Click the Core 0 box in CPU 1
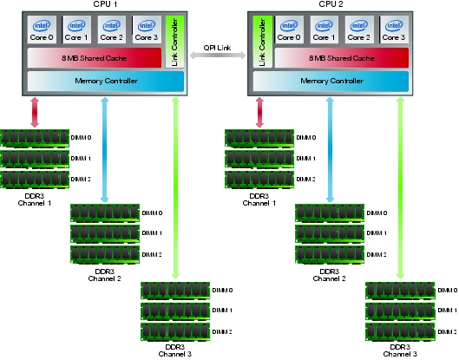42,29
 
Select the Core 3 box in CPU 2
394,29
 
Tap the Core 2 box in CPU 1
112,29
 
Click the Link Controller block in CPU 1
174,42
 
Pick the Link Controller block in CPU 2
263,42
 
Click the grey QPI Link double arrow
218,55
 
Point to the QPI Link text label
217,48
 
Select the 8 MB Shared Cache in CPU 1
95,58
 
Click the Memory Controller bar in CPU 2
331,81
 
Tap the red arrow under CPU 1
35,113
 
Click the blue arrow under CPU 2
330,150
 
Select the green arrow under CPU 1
175,187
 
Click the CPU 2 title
331,4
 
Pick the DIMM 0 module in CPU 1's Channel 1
35,138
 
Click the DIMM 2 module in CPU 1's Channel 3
175,331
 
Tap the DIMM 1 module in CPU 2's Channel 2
330,234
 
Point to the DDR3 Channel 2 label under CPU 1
104,275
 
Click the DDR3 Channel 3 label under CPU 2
400,350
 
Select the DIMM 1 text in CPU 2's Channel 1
306,159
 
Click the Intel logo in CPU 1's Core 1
76,26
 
